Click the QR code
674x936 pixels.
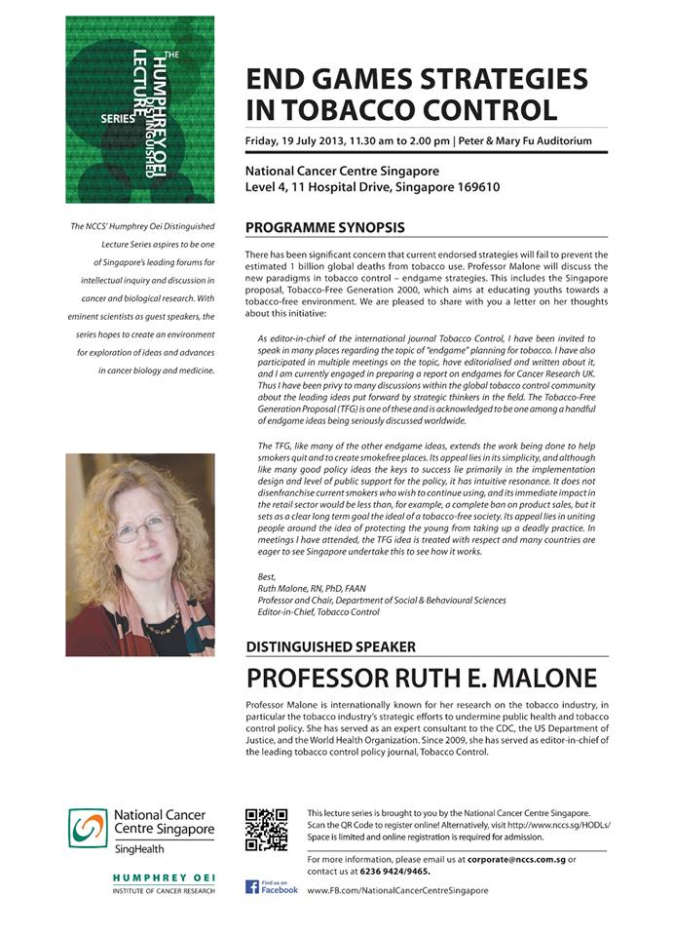click(x=266, y=829)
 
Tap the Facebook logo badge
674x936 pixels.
click(x=272, y=887)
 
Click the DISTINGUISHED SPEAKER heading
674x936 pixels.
click(x=330, y=645)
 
